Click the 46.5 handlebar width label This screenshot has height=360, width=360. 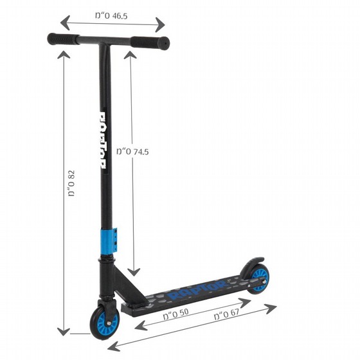point(111,16)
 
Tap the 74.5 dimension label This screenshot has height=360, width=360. point(132,152)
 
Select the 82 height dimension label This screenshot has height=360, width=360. point(71,183)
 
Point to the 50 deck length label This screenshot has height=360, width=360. point(176,314)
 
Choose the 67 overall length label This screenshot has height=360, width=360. point(226,314)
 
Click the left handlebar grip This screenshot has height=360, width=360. point(64,39)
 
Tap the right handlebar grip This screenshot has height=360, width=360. point(150,42)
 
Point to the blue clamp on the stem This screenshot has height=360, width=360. point(109,241)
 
